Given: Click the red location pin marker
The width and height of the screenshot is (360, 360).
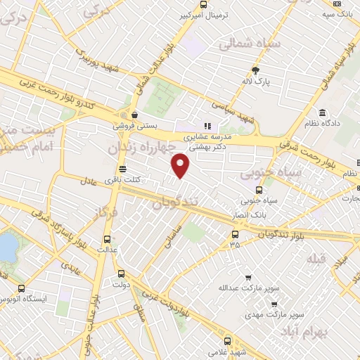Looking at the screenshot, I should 181,166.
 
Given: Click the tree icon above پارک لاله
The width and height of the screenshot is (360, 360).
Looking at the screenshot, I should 255,70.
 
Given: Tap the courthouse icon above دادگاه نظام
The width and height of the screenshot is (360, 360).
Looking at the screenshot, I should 322,113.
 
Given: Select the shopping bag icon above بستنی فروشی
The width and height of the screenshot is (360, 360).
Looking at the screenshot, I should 134,115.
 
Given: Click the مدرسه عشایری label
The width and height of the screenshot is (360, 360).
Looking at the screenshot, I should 209,138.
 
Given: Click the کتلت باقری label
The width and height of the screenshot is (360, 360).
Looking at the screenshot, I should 124,180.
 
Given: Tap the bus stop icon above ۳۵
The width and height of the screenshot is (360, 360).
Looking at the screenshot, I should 235,234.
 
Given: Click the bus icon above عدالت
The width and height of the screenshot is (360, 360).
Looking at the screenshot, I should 107,238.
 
